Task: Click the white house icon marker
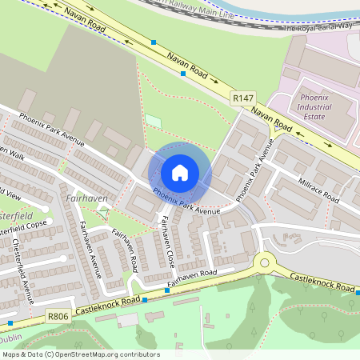180,172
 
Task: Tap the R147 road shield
242,98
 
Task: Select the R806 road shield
58,317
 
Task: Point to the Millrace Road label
318,191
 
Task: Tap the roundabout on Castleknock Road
262,262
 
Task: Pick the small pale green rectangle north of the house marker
153,120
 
